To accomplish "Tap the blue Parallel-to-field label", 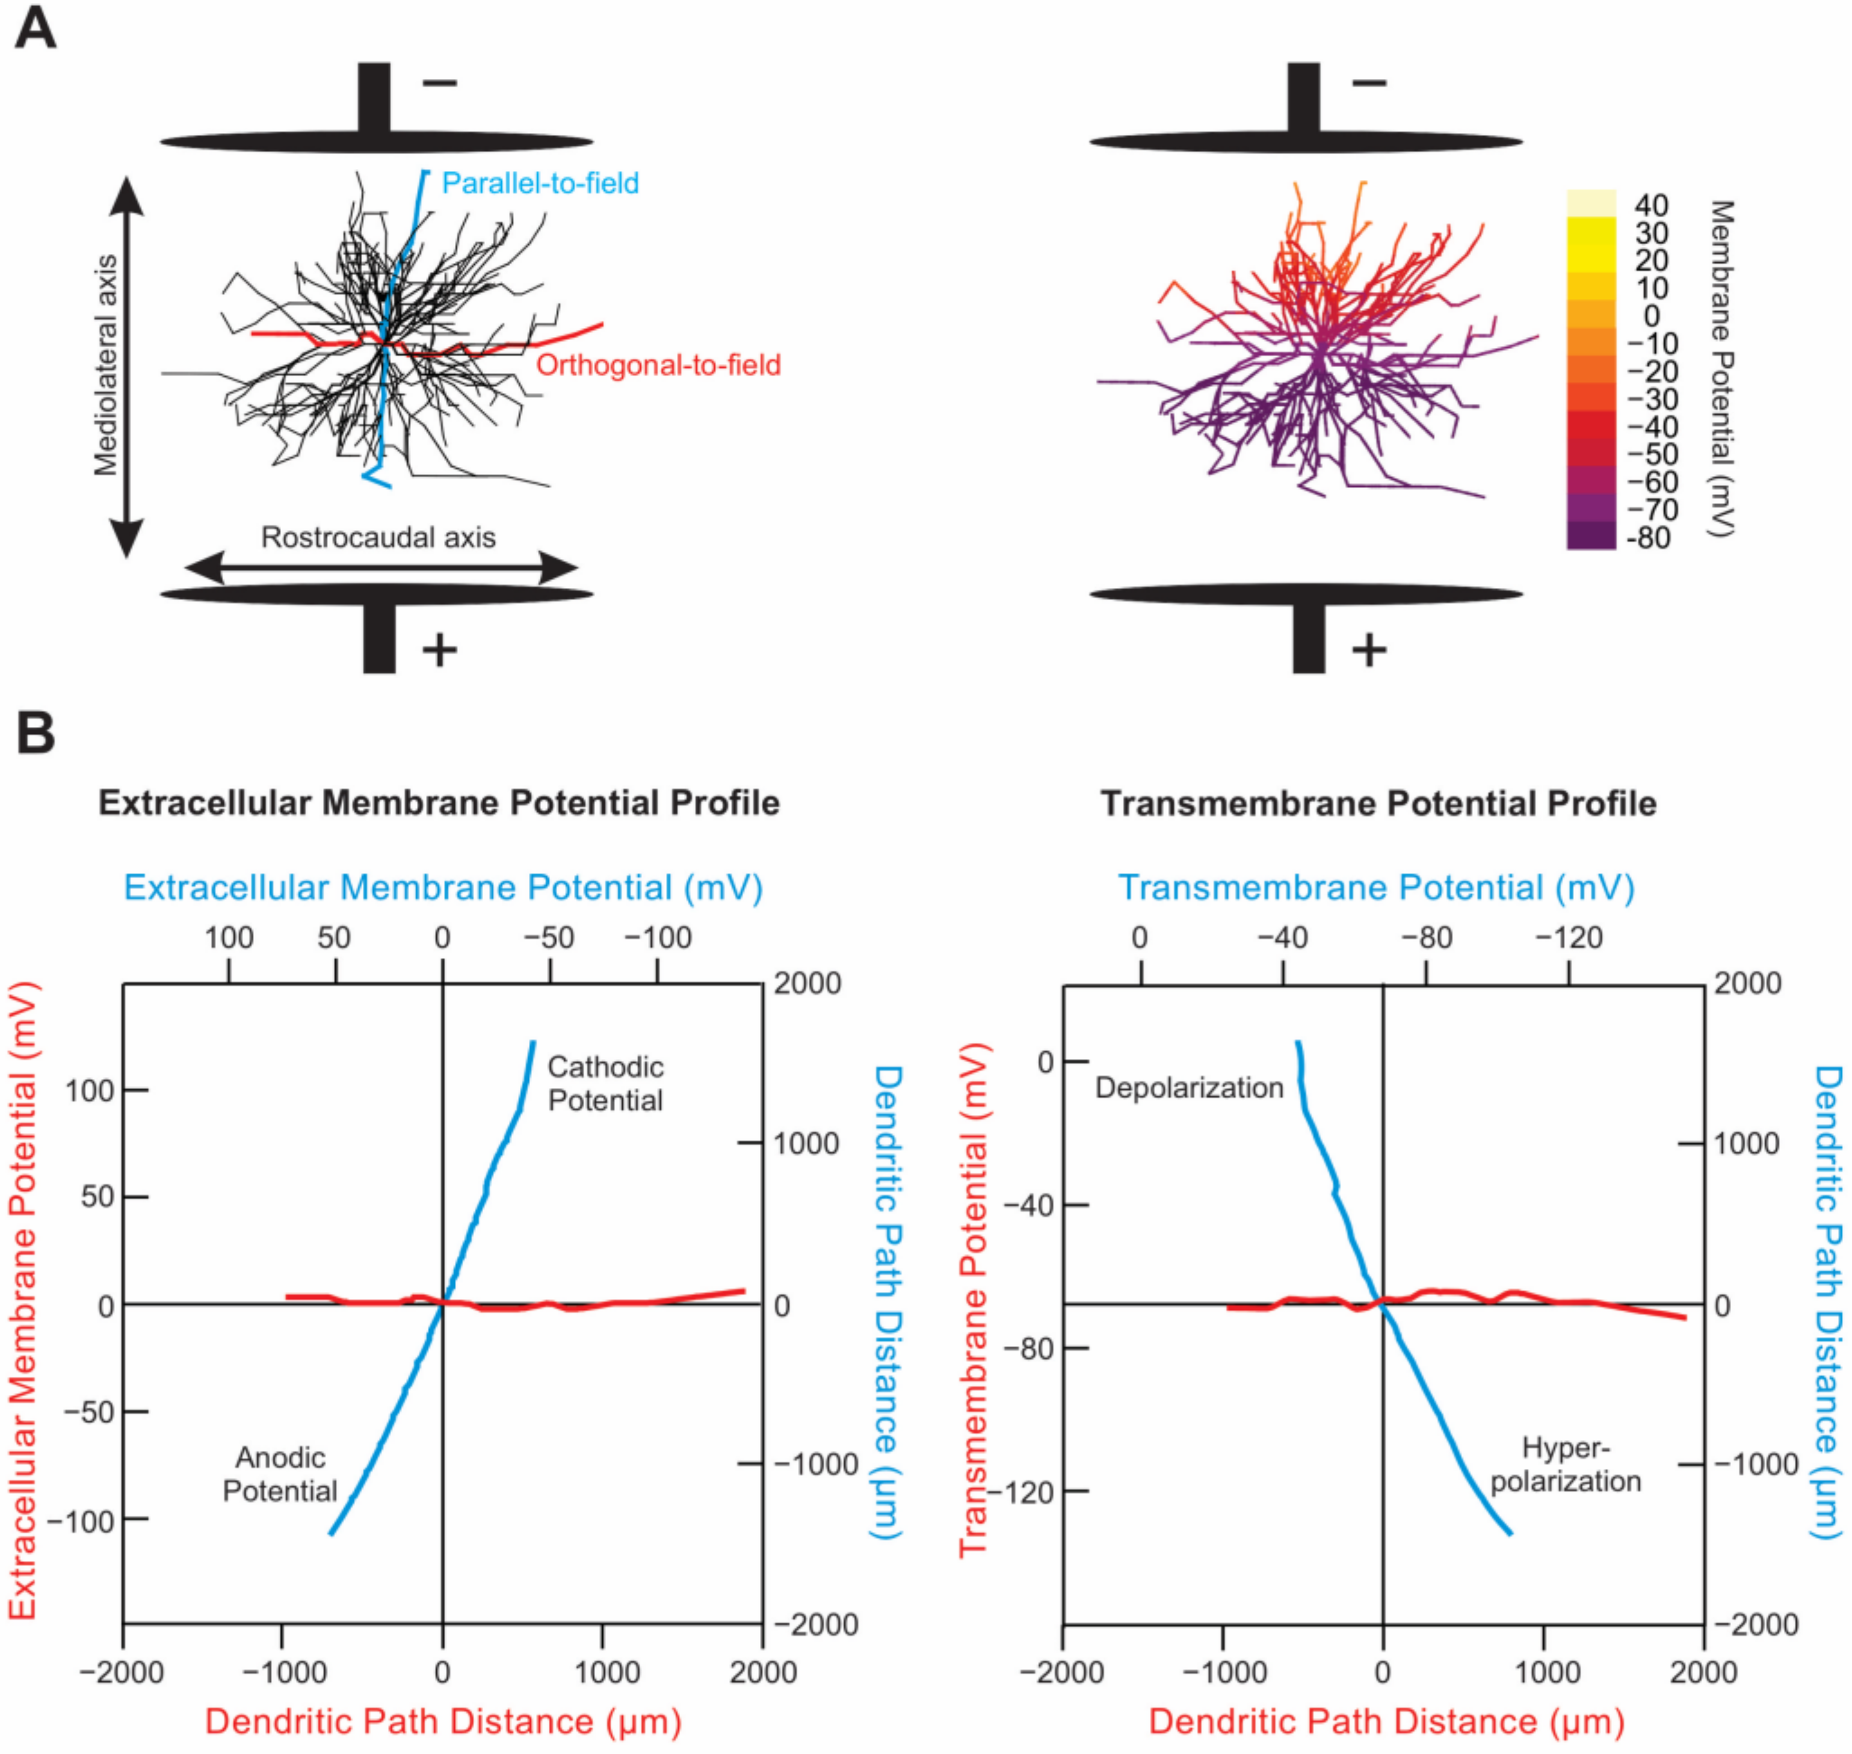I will [x=540, y=184].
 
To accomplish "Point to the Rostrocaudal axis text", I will [x=378, y=537].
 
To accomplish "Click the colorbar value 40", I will [x=1651, y=205].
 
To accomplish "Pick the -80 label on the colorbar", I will [x=1647, y=537].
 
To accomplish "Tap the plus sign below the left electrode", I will [x=439, y=649].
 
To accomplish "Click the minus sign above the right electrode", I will [x=1369, y=83].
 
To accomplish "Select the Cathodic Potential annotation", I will [x=605, y=1084].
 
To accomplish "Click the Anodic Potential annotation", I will [x=280, y=1474].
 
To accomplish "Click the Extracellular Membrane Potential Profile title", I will [x=439, y=803].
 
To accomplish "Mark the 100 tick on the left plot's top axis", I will [x=229, y=937].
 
